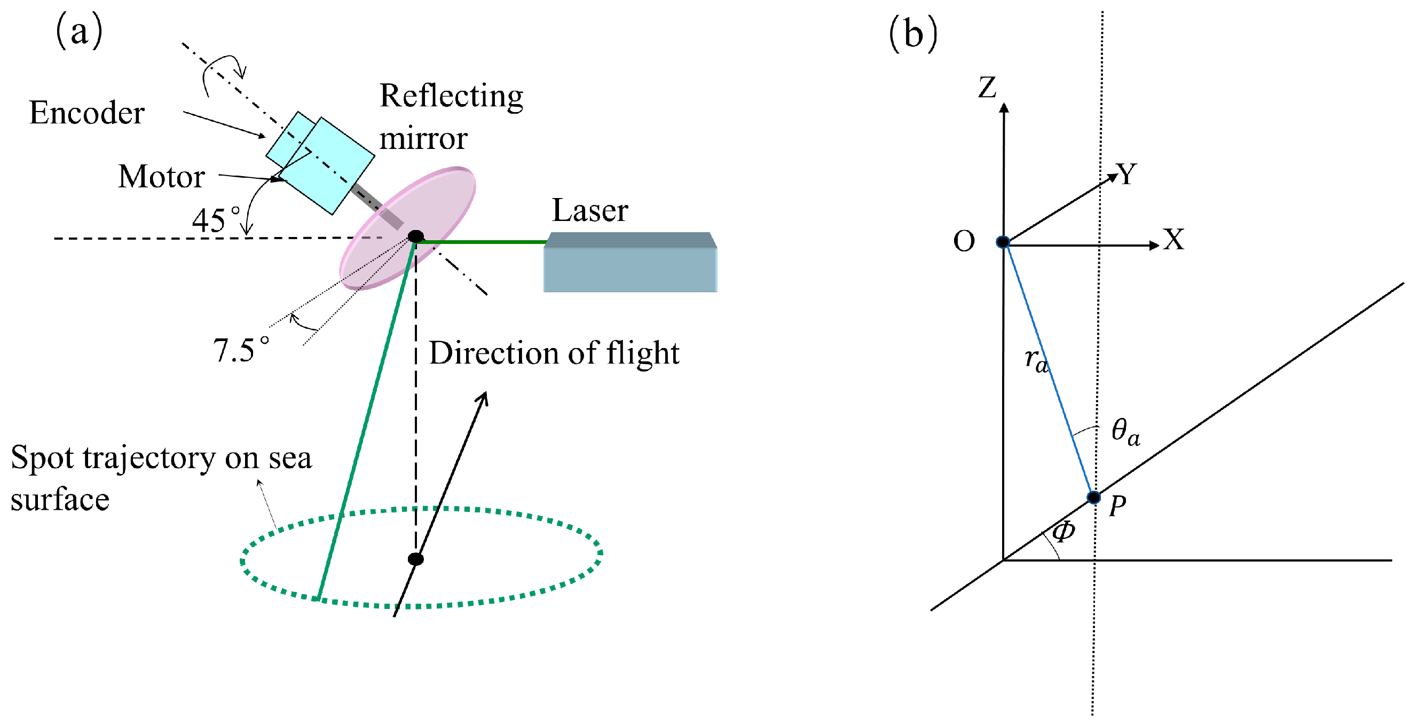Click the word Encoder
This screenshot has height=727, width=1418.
point(86,113)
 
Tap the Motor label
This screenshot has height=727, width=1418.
point(161,177)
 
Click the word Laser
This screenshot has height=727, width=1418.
point(589,210)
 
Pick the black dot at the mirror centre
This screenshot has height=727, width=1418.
point(415,236)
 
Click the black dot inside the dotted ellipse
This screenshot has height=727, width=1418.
point(415,559)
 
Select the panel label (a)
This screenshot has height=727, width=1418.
point(78,31)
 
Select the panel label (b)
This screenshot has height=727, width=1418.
point(913,34)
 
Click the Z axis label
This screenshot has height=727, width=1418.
point(987,88)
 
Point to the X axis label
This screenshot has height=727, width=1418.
point(1173,240)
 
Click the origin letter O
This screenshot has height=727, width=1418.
point(964,241)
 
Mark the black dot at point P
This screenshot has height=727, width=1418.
point(1094,497)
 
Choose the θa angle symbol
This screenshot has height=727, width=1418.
point(1124,431)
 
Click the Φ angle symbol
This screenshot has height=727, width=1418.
point(1063,532)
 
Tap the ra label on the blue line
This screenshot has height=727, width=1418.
point(1036,360)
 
